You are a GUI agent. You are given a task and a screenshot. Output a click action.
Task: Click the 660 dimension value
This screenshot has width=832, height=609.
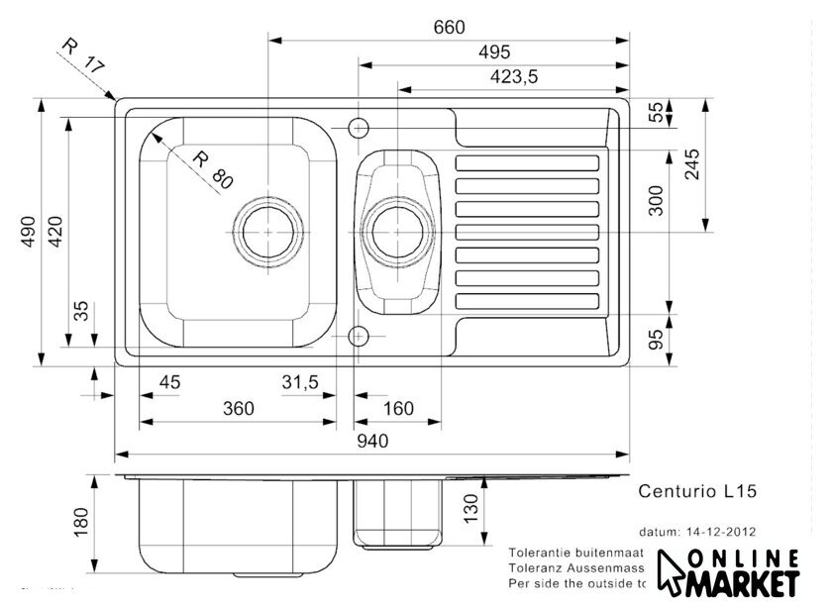[449, 28]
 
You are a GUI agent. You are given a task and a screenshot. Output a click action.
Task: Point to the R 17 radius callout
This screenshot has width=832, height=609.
[82, 58]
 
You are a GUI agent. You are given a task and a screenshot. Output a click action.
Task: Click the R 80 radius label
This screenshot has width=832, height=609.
[211, 169]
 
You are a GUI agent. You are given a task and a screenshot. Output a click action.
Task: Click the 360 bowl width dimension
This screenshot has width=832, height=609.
[238, 408]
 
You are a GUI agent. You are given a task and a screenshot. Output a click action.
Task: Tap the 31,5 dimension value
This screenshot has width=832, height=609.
[300, 381]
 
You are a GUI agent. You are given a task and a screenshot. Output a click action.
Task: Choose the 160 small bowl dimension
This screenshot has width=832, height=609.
[397, 408]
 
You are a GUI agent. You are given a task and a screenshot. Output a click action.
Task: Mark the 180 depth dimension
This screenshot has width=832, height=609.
[82, 519]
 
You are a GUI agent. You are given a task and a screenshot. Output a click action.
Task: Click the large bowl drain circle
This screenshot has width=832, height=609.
[268, 231]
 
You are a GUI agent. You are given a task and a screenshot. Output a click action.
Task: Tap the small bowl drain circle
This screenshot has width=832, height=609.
[398, 231]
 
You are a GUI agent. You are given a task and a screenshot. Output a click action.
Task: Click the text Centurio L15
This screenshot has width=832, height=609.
[697, 489]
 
